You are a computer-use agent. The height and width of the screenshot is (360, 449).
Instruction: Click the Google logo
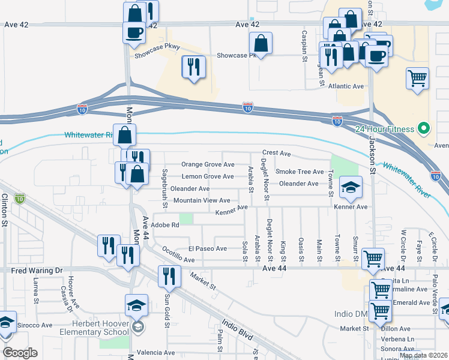pos(20,353)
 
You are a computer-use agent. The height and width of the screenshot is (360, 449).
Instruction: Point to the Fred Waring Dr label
pos(37,271)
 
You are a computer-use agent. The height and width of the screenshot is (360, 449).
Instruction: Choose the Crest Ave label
pos(276,154)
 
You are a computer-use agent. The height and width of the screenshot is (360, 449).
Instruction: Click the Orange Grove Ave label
pos(208,164)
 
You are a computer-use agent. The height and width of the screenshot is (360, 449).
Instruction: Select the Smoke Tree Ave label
pos(300,172)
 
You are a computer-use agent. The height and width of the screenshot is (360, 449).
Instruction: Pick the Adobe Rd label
pos(166,225)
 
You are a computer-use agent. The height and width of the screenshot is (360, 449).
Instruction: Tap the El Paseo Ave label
pos(207,248)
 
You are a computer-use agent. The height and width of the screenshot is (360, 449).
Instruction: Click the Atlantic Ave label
pos(346,86)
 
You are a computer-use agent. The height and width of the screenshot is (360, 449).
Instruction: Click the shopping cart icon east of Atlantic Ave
pos(417,78)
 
